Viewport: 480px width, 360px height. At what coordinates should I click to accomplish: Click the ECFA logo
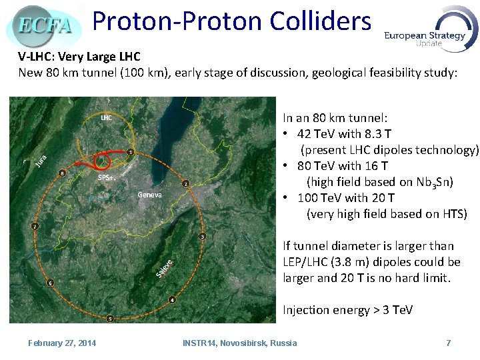(x=44, y=25)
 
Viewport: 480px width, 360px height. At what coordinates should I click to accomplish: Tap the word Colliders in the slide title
(x=321, y=21)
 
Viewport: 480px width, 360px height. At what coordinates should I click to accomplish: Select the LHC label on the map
(x=106, y=118)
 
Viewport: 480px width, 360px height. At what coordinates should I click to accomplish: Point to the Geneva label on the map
(x=150, y=195)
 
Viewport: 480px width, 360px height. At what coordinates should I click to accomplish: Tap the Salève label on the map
(x=165, y=269)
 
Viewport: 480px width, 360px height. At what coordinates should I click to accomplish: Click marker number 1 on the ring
(x=131, y=152)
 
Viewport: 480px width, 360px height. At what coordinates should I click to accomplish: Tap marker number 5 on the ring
(x=110, y=318)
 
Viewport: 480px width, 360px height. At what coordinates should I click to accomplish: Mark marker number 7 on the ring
(x=35, y=226)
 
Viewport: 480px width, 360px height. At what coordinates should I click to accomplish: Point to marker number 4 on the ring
(x=172, y=300)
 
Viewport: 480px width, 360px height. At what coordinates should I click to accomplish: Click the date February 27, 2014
(x=62, y=343)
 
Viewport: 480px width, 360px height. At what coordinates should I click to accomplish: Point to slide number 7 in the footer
(x=449, y=343)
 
